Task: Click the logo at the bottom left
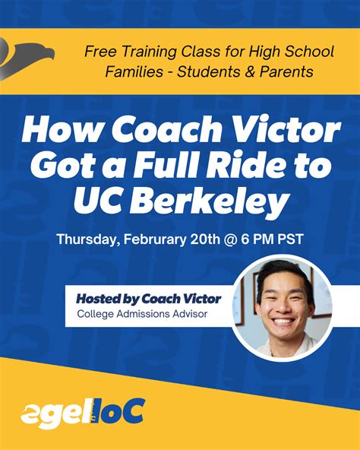click(x=82, y=414)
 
